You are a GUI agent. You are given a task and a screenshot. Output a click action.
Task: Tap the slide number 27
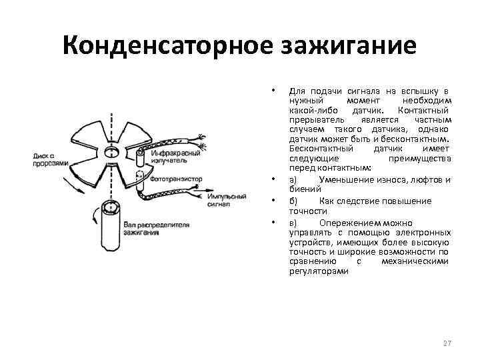447,343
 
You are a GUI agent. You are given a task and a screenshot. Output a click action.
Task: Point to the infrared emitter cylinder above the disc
140,159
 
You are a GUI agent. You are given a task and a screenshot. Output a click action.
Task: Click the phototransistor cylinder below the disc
140,183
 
